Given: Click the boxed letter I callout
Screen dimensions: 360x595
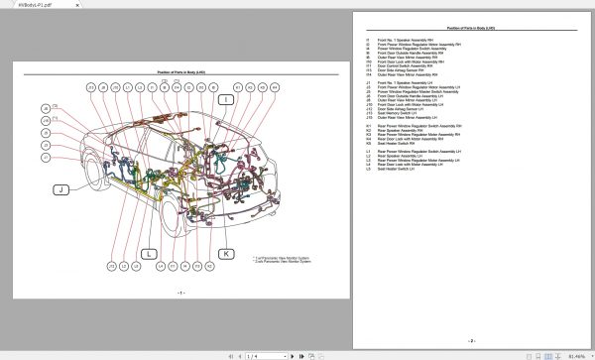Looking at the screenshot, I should tap(225, 101).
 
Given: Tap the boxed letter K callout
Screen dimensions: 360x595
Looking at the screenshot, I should tap(225, 254).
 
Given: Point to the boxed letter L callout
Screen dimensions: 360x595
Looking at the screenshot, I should tap(150, 254).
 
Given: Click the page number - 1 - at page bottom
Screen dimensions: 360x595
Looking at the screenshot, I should tap(180, 294).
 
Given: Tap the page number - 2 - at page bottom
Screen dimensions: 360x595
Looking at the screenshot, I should tap(471, 340).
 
